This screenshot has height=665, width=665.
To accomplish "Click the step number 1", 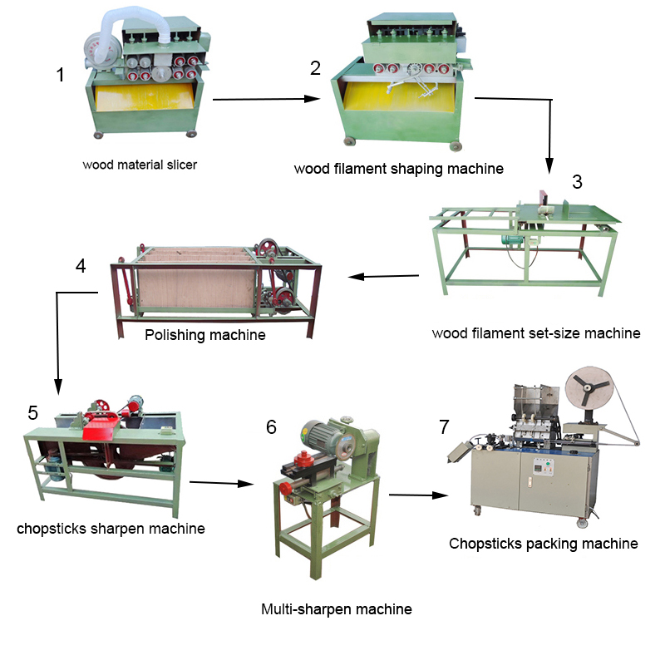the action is tap(60, 75).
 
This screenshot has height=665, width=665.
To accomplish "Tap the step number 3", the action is tap(577, 182).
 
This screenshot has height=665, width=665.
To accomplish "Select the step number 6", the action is tap(271, 427).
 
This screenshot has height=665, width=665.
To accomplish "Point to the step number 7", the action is tap(444, 427).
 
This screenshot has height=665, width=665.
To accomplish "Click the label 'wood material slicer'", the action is tap(140, 165).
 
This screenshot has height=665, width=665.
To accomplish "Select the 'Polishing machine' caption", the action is tap(205, 335).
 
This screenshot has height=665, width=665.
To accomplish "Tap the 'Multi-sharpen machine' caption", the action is tap(337, 609).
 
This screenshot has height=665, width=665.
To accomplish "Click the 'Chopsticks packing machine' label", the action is tap(544, 544).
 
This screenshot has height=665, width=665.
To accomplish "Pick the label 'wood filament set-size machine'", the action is tap(536, 333).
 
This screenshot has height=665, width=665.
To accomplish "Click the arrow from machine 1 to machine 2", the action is tap(266, 99).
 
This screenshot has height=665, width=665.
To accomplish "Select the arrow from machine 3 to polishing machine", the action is tap(383, 276).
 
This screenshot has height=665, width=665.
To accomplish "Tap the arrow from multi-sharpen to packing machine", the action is tap(419, 495).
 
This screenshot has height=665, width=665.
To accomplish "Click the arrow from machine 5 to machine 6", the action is tap(221, 483).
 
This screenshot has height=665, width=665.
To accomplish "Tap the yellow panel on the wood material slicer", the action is tap(145, 96).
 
